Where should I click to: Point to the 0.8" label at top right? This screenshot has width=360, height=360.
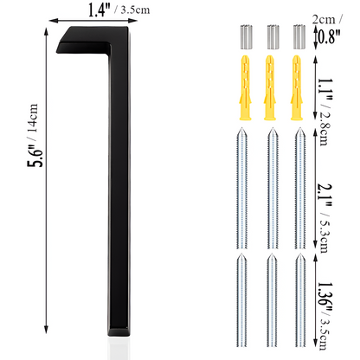(x=331, y=35)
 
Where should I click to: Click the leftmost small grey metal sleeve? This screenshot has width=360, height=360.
(x=243, y=38)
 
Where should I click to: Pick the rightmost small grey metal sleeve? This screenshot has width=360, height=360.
(x=298, y=38)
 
